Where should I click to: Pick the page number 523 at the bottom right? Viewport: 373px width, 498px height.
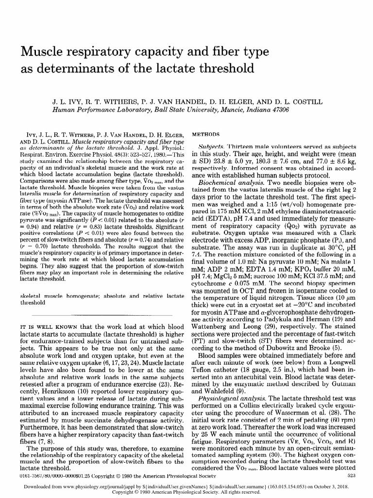pos(349,475)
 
